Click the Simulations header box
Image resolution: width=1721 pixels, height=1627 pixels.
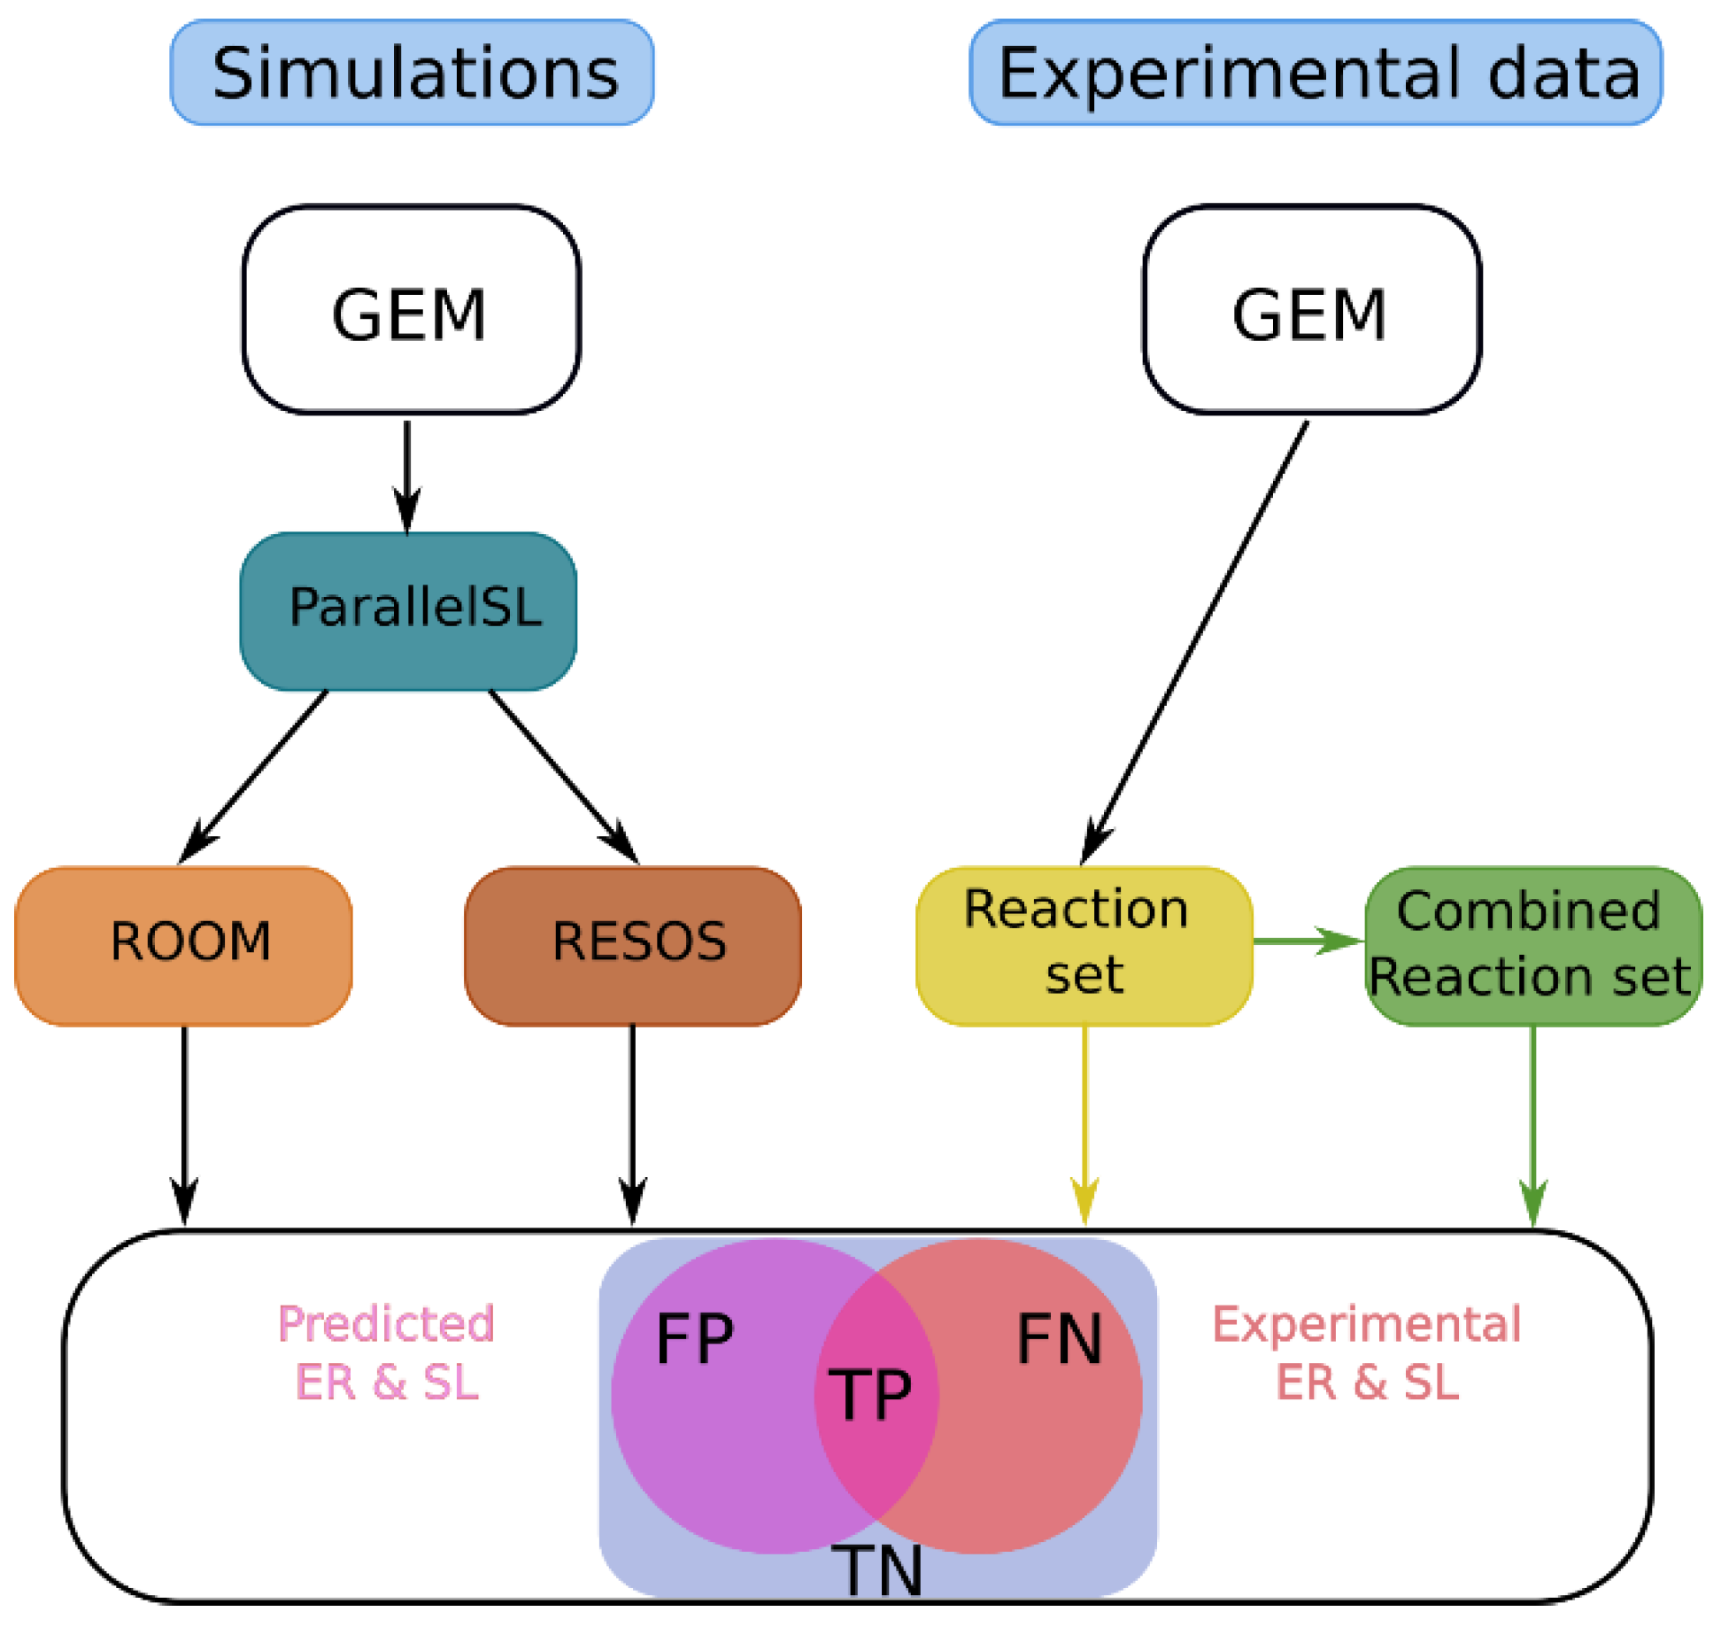[412, 73]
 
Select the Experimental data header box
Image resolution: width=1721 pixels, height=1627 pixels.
[1316, 73]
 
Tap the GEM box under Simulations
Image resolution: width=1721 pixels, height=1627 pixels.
[412, 310]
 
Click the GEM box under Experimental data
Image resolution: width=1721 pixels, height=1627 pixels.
[1312, 310]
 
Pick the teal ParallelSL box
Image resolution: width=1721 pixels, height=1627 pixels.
[408, 611]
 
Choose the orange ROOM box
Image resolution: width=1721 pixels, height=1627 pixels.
[183, 946]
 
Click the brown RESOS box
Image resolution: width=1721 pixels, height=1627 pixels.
[633, 946]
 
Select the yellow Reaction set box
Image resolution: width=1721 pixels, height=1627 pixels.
[1084, 946]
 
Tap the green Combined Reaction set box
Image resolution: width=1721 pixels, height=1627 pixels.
[1533, 946]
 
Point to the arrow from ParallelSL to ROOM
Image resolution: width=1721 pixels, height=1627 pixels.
[253, 777]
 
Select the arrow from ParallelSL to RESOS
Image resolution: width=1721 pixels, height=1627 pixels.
[563, 777]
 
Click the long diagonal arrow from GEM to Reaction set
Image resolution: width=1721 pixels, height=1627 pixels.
[1194, 643]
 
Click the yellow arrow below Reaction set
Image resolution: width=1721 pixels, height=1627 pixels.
[1084, 1126]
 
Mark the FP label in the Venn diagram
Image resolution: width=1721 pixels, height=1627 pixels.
[695, 1339]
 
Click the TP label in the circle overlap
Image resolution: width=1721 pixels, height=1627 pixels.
[869, 1394]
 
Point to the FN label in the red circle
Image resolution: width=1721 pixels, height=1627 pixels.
[1060, 1339]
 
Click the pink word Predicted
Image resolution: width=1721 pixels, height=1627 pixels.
[386, 1324]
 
